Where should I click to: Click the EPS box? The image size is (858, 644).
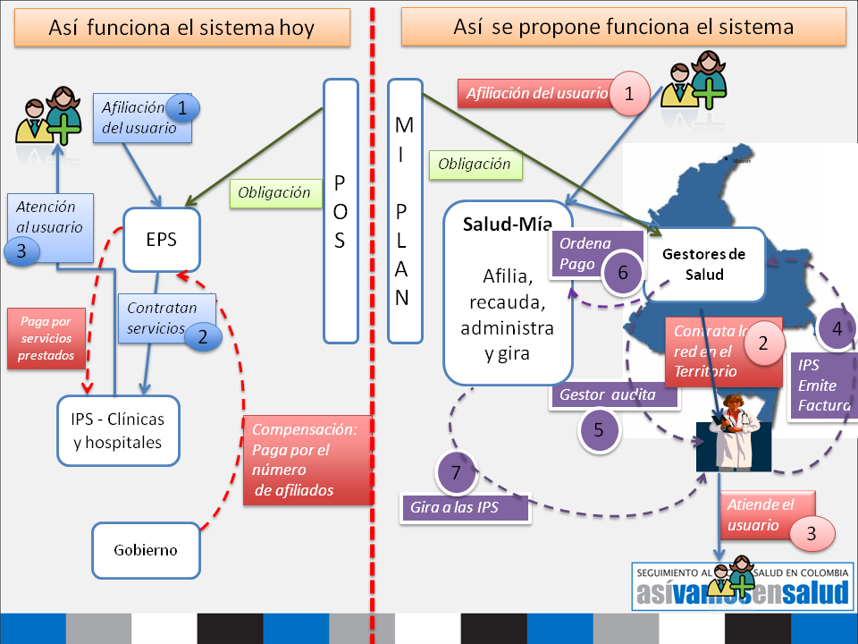tap(162, 240)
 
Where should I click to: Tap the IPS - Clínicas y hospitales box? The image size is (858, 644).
tap(118, 430)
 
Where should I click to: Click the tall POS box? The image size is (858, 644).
tap(341, 211)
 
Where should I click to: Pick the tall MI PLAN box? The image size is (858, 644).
tap(403, 211)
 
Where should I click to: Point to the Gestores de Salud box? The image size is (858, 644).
tap(704, 264)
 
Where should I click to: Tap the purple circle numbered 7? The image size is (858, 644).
tap(457, 473)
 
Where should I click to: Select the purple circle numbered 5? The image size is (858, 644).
tap(599, 428)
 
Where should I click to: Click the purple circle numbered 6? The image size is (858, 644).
tap(622, 271)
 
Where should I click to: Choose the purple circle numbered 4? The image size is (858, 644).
tap(837, 328)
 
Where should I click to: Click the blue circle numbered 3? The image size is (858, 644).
tap(21, 250)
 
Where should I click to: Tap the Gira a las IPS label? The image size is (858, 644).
tap(465, 507)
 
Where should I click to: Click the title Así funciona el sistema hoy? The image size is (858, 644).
tap(181, 28)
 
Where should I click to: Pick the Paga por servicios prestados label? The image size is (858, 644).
tap(41, 339)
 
